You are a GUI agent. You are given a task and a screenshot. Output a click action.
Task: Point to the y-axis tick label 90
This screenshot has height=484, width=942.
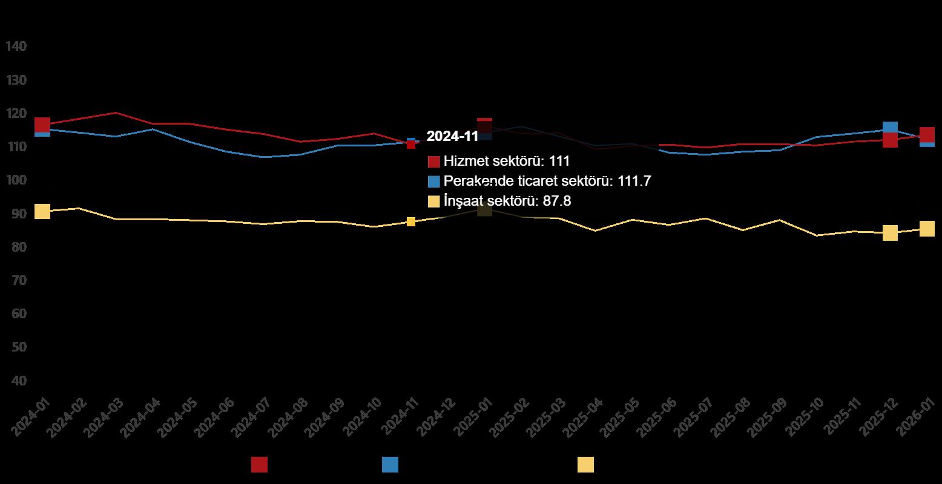(16, 214)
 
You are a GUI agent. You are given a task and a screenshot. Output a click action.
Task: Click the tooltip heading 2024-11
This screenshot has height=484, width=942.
(452, 136)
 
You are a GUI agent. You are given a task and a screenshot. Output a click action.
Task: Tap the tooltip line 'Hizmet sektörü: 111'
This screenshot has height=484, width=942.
(507, 161)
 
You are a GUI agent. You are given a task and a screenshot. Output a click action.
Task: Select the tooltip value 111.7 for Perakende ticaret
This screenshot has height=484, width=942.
(634, 181)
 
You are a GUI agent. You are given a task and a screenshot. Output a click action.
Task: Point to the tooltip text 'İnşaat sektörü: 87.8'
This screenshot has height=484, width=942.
(507, 201)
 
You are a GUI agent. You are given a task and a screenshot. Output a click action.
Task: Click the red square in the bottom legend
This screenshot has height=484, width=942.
(259, 465)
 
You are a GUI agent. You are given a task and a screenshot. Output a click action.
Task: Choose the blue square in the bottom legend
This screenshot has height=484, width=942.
(390, 465)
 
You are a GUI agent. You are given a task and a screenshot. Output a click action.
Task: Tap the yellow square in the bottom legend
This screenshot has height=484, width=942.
(585, 465)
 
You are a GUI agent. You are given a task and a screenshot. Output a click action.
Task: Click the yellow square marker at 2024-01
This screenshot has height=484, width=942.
(42, 211)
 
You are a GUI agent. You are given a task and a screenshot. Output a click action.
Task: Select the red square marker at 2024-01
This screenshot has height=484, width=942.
(42, 125)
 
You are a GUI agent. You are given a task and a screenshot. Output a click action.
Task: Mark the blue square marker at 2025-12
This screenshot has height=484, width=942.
(890, 127)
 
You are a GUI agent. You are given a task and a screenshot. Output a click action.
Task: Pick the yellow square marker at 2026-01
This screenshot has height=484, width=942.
(927, 229)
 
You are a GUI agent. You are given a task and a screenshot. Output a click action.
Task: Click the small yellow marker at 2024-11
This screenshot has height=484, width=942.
(411, 222)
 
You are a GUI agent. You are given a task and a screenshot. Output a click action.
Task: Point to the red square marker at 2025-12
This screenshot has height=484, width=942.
(890, 140)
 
